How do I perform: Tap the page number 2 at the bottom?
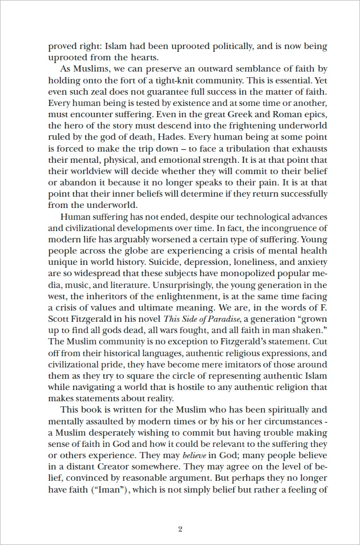180,529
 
